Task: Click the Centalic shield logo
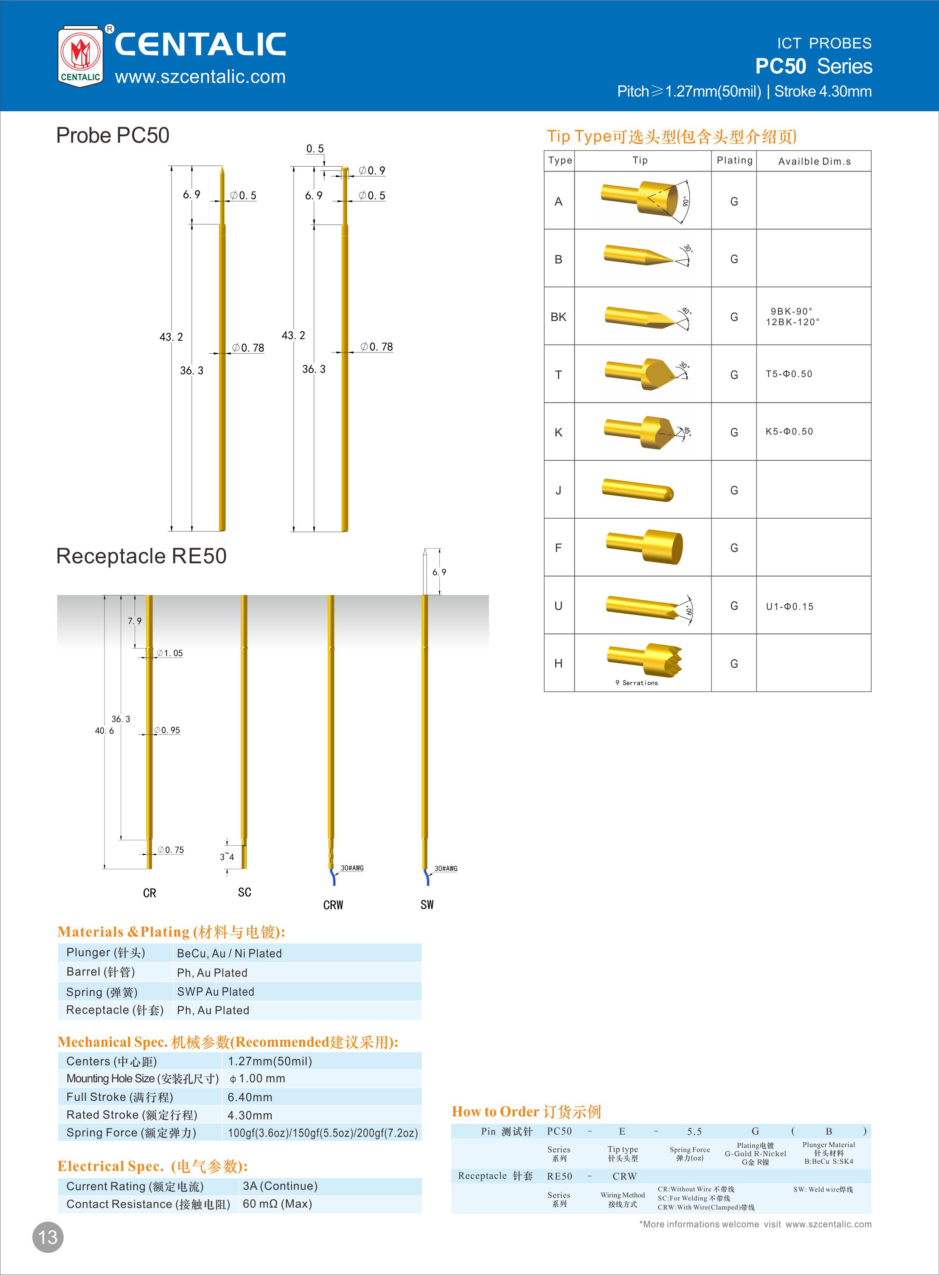pos(81,56)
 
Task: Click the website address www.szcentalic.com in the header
pos(200,77)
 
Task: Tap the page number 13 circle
pos(48,1237)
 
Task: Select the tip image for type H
pos(645,661)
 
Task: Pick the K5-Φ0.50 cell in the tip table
pos(789,432)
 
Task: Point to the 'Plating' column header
pos(734,160)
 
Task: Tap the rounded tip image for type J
pos(638,489)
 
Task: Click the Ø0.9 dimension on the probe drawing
pos(372,170)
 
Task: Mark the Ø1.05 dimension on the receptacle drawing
pos(170,653)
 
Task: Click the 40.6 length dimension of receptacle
pos(104,731)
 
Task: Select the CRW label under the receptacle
pos(333,905)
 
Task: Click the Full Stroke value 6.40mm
pos(250,1097)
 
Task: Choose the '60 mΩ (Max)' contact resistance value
pos(277,1203)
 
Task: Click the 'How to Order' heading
pos(526,1111)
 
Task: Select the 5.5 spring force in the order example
pos(694,1131)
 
